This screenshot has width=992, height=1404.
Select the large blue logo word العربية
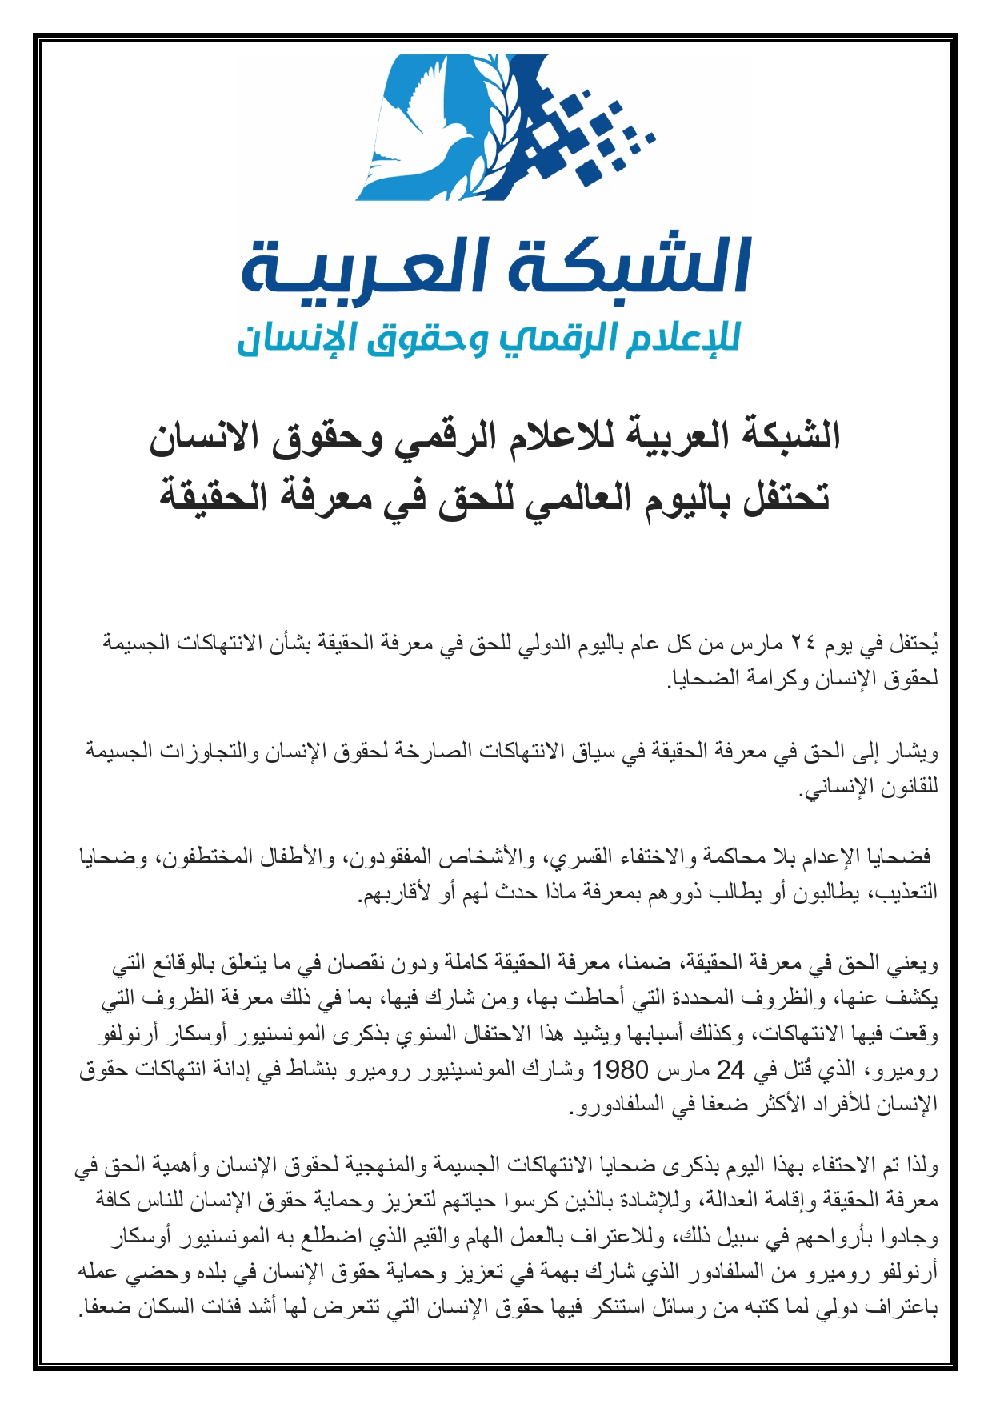click(x=363, y=267)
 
